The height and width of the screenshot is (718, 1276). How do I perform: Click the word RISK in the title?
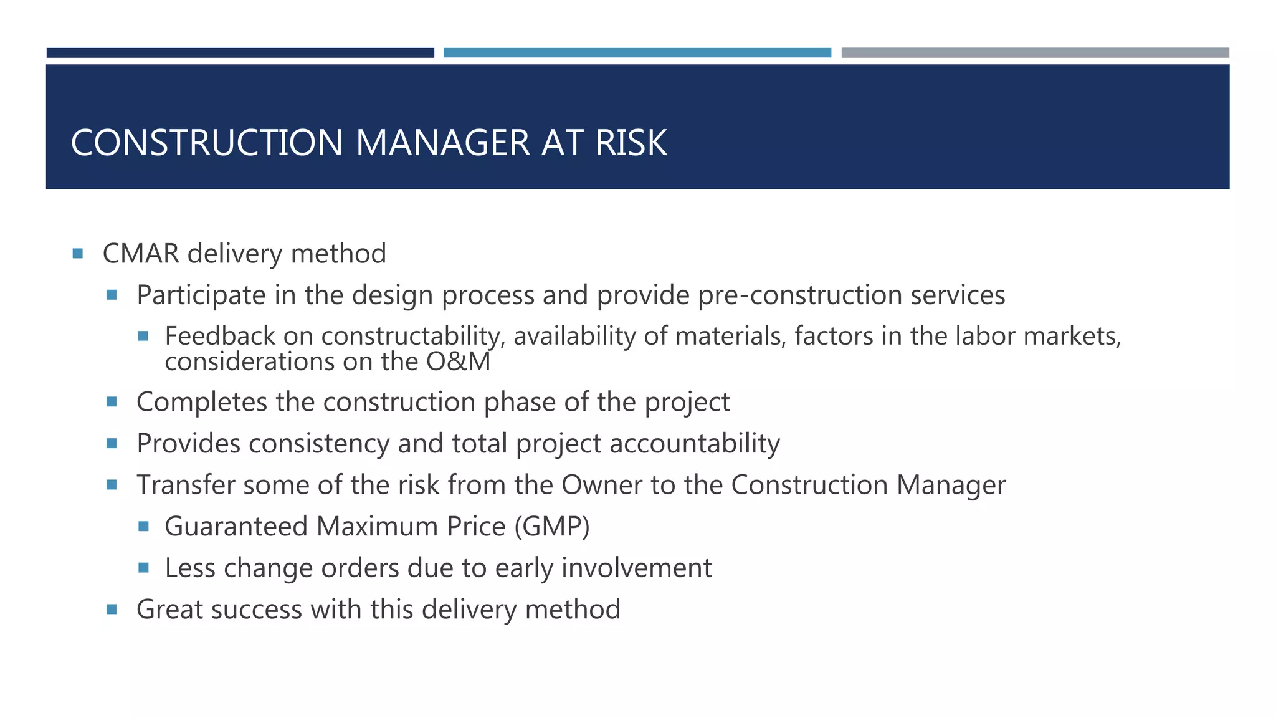pos(631,143)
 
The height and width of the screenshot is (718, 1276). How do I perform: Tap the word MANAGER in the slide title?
pos(442,143)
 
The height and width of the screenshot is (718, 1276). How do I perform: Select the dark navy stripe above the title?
pos(240,53)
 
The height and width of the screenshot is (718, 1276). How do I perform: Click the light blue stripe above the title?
pos(637,53)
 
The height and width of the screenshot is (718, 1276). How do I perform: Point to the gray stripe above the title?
pos(1035,53)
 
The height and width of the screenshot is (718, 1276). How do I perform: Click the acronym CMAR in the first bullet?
pos(141,254)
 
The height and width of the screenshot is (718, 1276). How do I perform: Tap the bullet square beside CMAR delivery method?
pos(78,254)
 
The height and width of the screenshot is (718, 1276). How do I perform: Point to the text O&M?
pos(458,362)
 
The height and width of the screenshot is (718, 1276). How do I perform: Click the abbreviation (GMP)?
pos(552,527)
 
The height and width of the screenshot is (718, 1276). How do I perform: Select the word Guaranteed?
pos(236,527)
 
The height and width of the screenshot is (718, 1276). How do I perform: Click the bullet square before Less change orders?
pos(143,568)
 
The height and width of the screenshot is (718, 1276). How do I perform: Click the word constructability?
pos(411,337)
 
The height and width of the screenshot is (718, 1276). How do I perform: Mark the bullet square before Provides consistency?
pos(112,444)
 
